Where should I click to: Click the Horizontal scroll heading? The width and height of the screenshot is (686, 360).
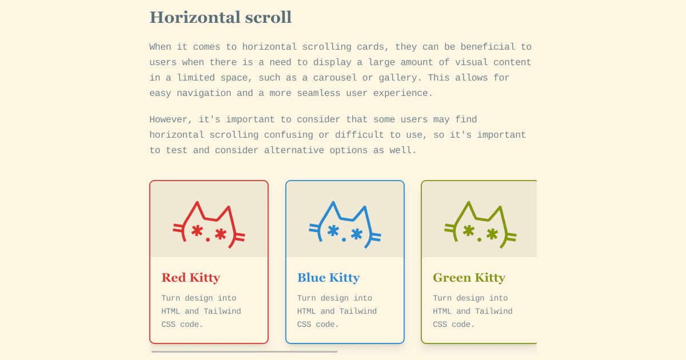point(221,17)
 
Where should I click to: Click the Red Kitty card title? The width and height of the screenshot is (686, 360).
point(191,278)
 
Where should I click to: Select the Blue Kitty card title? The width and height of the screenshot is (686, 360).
point(328,278)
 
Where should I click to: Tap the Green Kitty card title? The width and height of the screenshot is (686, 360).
point(469,278)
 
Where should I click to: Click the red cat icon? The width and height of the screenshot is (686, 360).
point(209,225)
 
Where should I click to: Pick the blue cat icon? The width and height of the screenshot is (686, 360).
point(345,225)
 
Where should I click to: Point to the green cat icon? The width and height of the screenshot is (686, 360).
point(480,225)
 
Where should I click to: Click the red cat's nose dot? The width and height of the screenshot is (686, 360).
point(208,239)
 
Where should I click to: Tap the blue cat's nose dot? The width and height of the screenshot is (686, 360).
point(344,239)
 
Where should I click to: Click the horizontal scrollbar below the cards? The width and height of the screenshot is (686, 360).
point(244,352)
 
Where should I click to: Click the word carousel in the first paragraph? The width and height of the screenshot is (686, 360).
point(335,78)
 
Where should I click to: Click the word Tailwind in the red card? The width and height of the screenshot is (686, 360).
point(222,311)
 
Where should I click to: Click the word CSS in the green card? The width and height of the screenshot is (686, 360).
point(440,325)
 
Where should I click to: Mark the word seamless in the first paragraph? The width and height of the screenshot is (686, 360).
point(318,93)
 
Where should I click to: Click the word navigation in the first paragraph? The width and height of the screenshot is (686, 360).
point(204,94)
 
